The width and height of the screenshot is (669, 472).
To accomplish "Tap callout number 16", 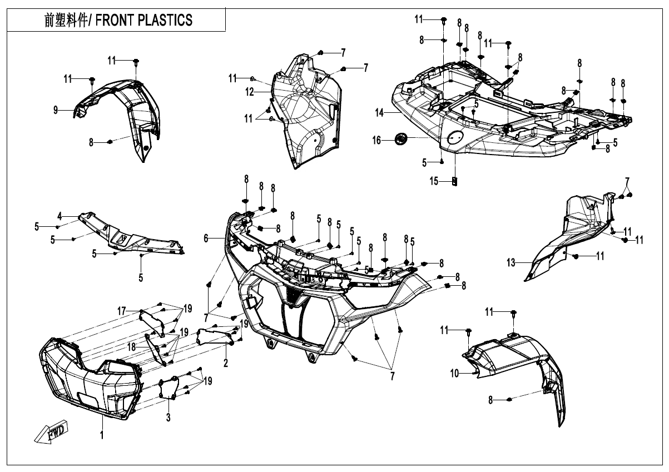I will pyautogui.click(x=376, y=140).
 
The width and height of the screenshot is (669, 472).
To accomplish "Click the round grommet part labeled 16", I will pyautogui.click(x=399, y=138).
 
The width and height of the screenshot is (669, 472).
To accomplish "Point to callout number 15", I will pyautogui.click(x=434, y=181).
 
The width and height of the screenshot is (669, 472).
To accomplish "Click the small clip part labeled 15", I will pyautogui.click(x=454, y=181).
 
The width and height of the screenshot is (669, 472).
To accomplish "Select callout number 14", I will pyautogui.click(x=379, y=113).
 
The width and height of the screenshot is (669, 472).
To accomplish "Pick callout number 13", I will pyautogui.click(x=511, y=262).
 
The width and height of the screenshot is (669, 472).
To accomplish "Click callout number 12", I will pyautogui.click(x=250, y=91).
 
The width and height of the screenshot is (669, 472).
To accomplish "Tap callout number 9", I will pyautogui.click(x=56, y=111).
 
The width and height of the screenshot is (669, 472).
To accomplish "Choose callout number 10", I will pyautogui.click(x=455, y=374).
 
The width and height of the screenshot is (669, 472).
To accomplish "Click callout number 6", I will pyautogui.click(x=206, y=238).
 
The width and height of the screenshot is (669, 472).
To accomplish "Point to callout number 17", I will pyautogui.click(x=121, y=310).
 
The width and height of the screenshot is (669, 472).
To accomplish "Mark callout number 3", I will pyautogui.click(x=169, y=416).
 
